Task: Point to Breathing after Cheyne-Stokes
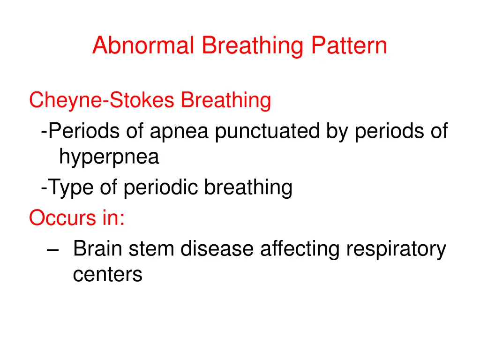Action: tap(226, 100)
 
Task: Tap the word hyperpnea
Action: tap(109, 158)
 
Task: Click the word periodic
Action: tap(162, 188)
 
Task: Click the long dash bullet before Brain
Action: tap(53, 249)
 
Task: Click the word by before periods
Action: tap(337, 131)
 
